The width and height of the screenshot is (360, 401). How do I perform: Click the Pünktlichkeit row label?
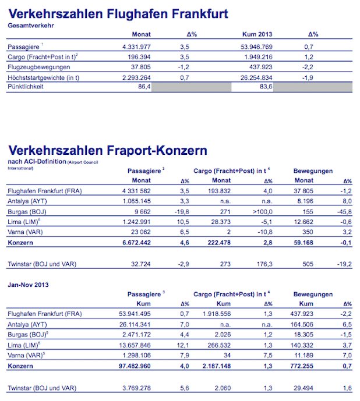(x=26, y=87)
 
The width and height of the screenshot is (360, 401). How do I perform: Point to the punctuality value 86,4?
(x=143, y=86)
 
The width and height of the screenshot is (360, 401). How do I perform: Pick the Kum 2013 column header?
(x=257, y=34)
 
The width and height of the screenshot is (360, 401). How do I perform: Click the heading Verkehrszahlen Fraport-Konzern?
(x=108, y=151)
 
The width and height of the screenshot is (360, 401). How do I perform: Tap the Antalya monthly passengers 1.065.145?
(x=136, y=201)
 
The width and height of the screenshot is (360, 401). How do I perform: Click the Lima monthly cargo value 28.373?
(x=219, y=221)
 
